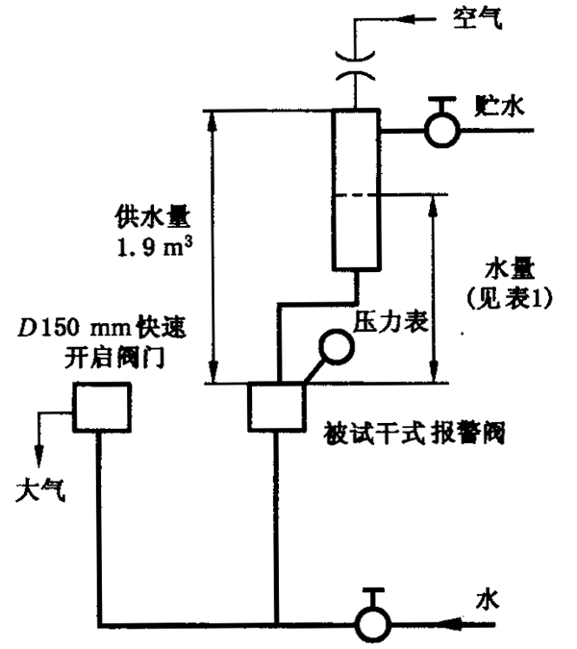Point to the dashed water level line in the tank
[357, 195]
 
